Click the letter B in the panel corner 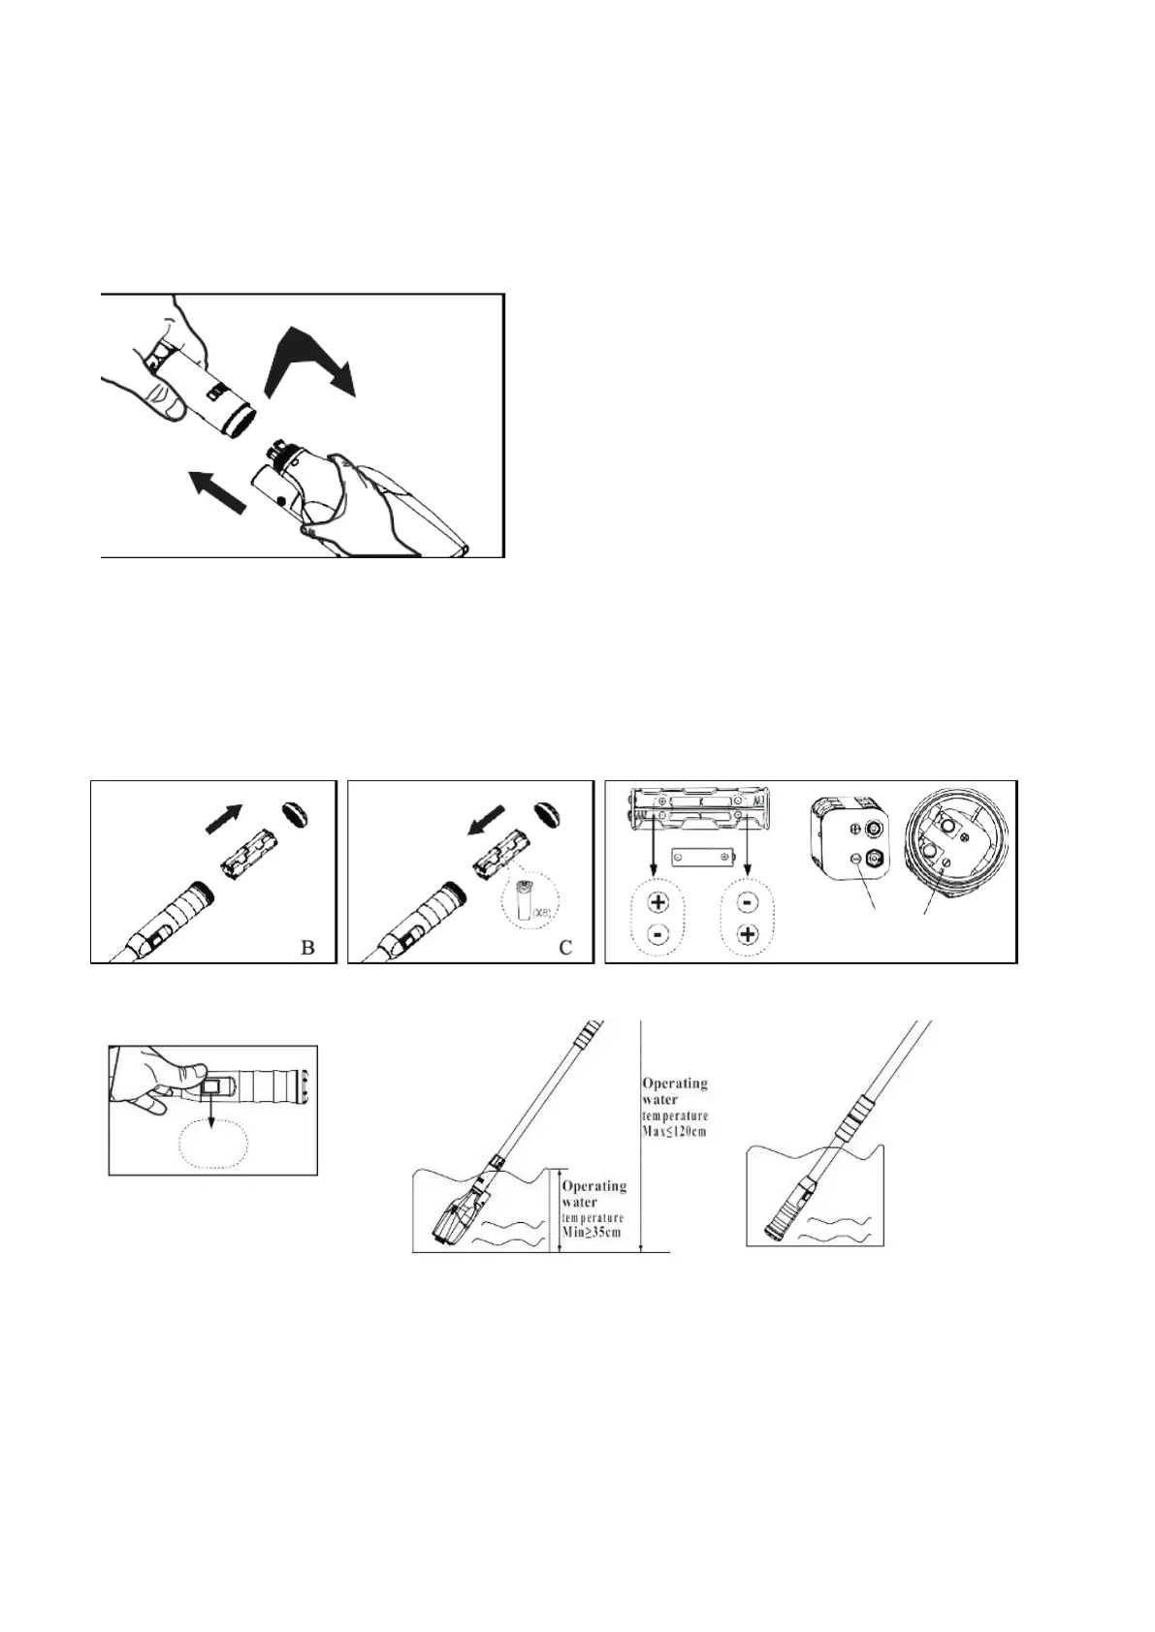coord(307,947)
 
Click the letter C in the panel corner coord(565,947)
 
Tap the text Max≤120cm coord(675,1131)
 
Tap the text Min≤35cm coord(594,1233)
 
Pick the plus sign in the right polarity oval coord(747,935)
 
